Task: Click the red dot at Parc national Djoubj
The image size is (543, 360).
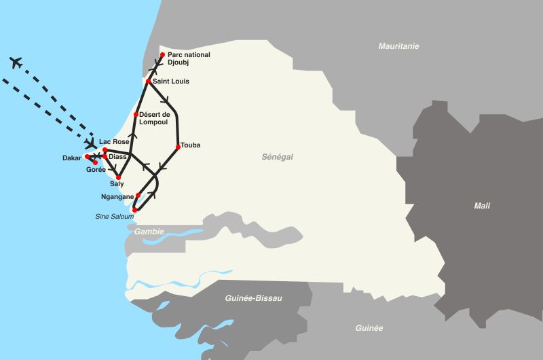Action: (x=162, y=55)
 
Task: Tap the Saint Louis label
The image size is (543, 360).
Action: (x=171, y=82)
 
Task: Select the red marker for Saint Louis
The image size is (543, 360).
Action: (x=148, y=81)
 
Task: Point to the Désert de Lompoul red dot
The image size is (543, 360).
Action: (x=136, y=114)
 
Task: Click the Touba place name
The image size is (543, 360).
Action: (x=191, y=145)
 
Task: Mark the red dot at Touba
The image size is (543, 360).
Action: (x=178, y=146)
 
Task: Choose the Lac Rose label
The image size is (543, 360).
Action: (x=113, y=142)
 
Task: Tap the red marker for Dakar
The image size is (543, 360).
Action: (x=87, y=157)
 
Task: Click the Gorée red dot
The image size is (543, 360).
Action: (x=95, y=162)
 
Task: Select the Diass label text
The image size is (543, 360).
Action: (x=117, y=157)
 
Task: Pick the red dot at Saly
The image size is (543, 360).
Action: (x=118, y=177)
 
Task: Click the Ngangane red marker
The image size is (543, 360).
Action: (x=138, y=196)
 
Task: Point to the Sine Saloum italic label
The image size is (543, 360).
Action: (x=114, y=217)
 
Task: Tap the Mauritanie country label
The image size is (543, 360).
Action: (x=398, y=46)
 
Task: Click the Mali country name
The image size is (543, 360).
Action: (x=482, y=206)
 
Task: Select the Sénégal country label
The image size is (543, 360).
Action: (x=277, y=157)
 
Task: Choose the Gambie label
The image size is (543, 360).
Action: (x=149, y=232)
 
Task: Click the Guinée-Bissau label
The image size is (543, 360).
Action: (x=253, y=298)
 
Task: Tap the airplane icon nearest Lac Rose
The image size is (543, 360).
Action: (x=90, y=144)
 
